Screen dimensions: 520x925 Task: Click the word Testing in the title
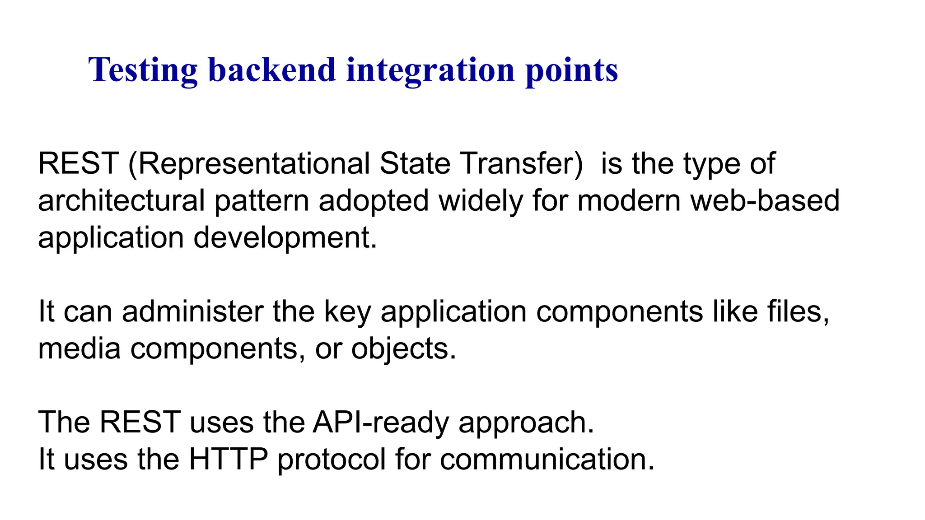[143, 70]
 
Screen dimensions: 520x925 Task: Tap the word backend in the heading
[272, 70]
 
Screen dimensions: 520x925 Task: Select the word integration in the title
[430, 70]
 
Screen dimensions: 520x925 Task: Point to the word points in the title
[571, 70]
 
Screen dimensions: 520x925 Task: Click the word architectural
[121, 200]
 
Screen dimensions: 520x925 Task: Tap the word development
[285, 238]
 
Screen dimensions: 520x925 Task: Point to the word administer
[192, 311]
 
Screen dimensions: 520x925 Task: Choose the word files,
[798, 311]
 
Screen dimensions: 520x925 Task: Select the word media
[79, 348]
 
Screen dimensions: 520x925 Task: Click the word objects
[404, 349]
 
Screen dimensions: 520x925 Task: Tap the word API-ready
[381, 423]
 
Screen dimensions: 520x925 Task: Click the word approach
[526, 423]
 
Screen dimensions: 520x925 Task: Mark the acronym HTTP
[228, 460]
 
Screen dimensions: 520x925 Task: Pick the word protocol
[331, 460]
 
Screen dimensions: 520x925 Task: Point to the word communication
[547, 460]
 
